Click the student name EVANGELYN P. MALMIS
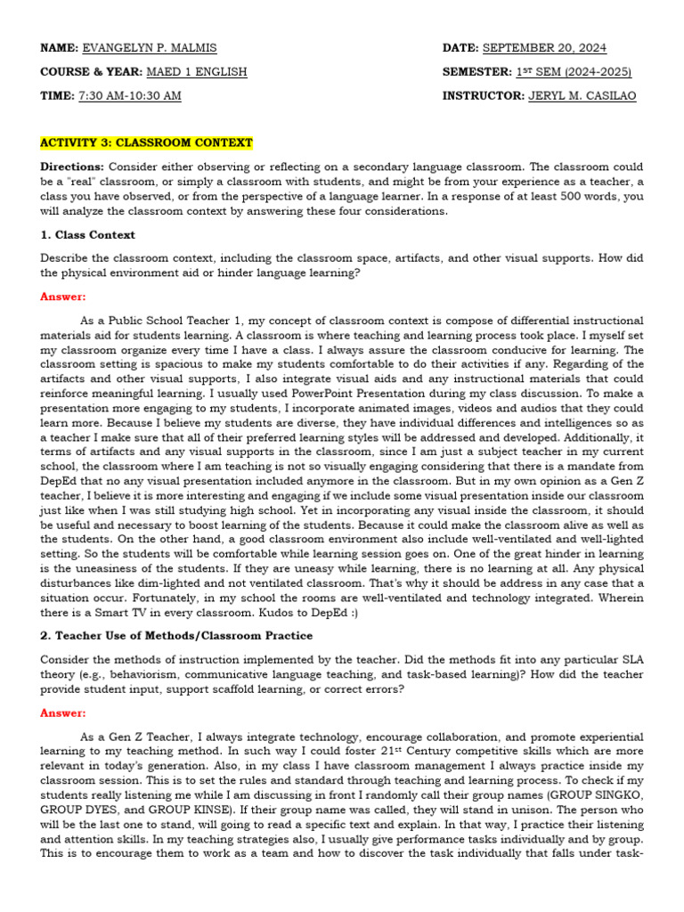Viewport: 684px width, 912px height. click(149, 47)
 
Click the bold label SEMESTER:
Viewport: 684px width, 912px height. click(475, 71)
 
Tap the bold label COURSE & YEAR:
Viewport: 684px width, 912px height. click(82, 71)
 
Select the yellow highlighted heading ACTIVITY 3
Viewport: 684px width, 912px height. click(146, 142)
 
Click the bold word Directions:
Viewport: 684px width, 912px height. click(72, 167)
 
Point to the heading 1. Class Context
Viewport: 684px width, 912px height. click(87, 235)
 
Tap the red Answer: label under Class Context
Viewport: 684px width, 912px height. click(62, 297)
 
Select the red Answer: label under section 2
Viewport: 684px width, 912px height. click(62, 712)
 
